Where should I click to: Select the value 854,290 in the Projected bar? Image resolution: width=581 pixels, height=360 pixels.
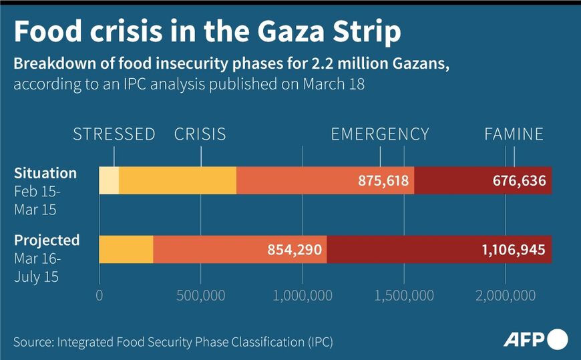pos(295,250)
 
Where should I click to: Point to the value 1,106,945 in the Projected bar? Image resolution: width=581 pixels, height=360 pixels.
pos(514,250)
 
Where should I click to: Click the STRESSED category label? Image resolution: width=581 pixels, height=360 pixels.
pos(114,134)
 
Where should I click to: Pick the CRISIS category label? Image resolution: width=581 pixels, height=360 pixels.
pos(200,134)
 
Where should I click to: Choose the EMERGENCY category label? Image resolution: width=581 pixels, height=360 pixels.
pos(380,134)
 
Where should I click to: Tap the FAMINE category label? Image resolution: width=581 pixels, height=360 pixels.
pos(514,134)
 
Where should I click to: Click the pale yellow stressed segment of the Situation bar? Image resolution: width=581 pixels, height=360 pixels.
pos(109,180)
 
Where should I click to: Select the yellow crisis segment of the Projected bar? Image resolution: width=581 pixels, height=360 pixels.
pos(126,249)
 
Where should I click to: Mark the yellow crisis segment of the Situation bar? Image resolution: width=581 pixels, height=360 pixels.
pos(178,180)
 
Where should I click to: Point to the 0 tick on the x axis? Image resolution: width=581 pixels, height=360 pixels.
pos(100,295)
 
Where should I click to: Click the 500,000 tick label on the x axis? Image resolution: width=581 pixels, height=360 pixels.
pos(201,295)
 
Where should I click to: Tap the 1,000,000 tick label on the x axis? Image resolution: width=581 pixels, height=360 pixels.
pos(303,295)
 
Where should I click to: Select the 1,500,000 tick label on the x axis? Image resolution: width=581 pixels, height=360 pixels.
pos(404,295)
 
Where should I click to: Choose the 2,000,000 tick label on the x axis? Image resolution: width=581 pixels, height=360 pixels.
pos(506,295)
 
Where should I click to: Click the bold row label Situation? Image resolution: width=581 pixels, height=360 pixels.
pos(45,173)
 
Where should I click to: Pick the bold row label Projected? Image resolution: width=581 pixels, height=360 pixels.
pos(47,240)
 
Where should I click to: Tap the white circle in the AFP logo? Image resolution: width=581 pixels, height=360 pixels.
pos(558,339)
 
